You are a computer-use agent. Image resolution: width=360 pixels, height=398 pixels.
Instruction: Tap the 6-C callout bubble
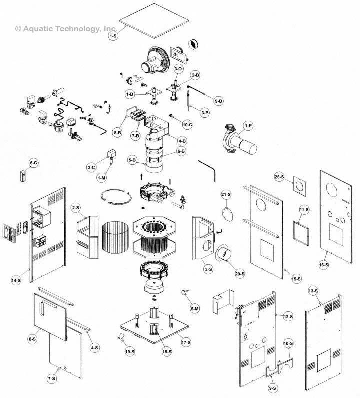(x=33, y=163)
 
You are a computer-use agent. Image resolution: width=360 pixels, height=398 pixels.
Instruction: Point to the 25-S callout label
(x=279, y=177)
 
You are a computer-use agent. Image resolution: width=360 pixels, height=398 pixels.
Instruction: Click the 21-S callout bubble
(x=226, y=194)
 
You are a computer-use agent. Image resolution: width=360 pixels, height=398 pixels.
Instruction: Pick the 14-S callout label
(x=16, y=281)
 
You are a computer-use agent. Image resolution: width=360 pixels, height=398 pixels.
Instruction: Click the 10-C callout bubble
(x=187, y=124)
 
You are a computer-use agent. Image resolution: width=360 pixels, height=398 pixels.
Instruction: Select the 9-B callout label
(x=218, y=101)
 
